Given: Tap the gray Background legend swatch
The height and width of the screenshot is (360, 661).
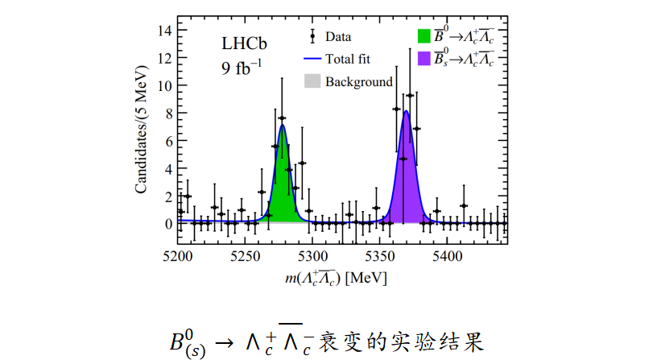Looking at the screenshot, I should pos(312,81).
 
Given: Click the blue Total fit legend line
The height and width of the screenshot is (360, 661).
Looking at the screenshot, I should pos(312,59).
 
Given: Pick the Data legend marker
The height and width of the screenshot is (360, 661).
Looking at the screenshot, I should pos(312,36).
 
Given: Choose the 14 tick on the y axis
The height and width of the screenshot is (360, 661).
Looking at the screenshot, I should pos(163,31).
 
